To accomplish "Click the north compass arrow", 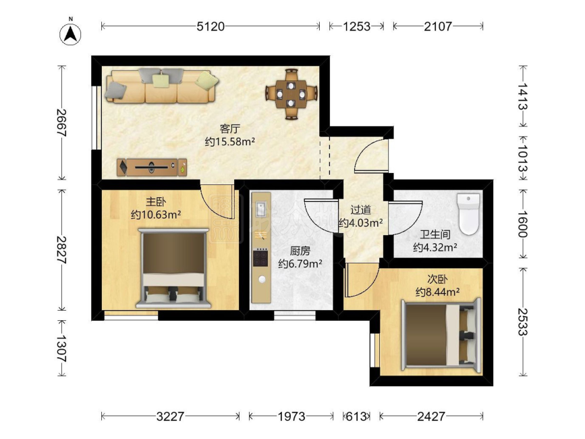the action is click(x=70, y=34).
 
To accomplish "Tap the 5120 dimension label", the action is click(x=211, y=26).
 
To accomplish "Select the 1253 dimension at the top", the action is click(x=356, y=26).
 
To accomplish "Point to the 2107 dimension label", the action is click(x=438, y=26).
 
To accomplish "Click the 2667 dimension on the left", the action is click(x=61, y=123).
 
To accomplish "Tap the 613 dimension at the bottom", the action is click(x=356, y=416).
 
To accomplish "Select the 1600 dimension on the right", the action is click(x=523, y=224).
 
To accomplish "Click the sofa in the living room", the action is click(x=161, y=86).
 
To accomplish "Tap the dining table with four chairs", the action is click(x=291, y=94).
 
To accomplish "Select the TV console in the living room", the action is click(x=152, y=167).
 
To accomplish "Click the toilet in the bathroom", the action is click(x=468, y=214).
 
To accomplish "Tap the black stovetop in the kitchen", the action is click(x=260, y=257).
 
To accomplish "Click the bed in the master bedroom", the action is click(x=173, y=268).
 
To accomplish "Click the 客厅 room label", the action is click(x=230, y=129).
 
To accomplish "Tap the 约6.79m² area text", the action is click(x=300, y=263).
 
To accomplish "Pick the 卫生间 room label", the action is click(x=435, y=234).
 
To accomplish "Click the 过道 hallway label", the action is click(x=360, y=210).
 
